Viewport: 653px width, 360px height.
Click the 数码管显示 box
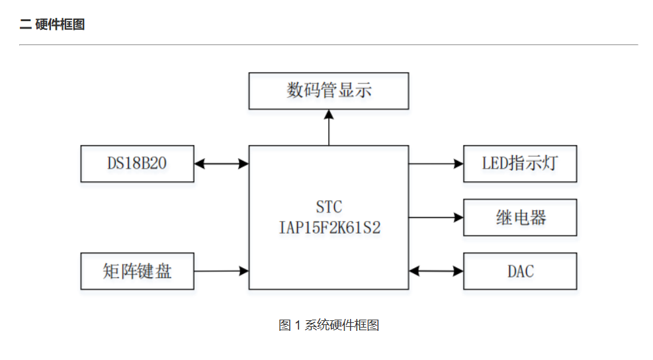coord(328,91)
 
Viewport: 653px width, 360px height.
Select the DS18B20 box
coord(137,163)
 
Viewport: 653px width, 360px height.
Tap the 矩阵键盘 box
coord(137,271)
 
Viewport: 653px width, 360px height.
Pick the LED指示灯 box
coord(519,163)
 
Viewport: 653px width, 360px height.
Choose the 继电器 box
coord(519,217)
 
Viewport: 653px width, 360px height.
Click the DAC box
coord(519,271)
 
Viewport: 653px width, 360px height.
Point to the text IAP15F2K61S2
coord(329,227)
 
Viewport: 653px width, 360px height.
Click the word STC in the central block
coord(329,207)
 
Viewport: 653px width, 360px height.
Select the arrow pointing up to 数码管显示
coord(329,128)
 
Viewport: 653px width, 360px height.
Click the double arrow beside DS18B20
coord(221,163)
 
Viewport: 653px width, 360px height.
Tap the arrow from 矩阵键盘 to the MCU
coord(221,270)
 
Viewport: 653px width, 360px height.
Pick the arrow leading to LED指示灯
coord(436,163)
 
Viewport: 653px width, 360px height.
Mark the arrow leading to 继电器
coord(436,216)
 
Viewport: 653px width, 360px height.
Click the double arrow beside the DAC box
coord(436,270)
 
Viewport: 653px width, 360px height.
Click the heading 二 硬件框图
coord(52,25)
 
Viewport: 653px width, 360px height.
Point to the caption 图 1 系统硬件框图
coord(329,325)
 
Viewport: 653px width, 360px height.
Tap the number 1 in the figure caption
coord(298,325)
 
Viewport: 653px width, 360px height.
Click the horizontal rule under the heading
coord(329,45)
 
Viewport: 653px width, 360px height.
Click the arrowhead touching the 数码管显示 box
coord(329,114)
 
